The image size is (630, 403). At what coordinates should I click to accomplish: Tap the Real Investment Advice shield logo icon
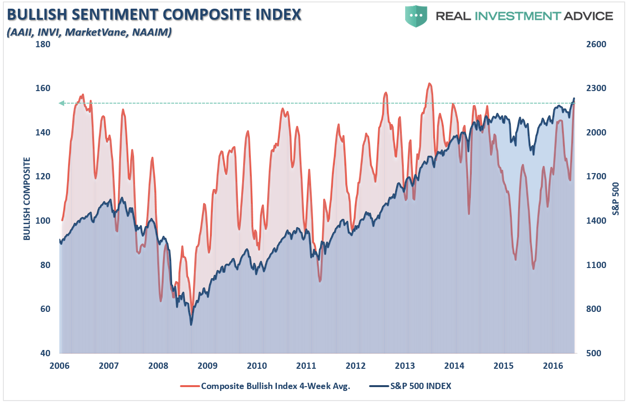click(x=416, y=16)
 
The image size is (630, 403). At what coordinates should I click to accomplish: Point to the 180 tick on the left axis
click(x=42, y=44)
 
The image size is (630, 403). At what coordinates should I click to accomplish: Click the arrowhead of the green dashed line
click(x=61, y=103)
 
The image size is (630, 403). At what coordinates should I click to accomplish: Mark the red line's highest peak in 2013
click(x=429, y=83)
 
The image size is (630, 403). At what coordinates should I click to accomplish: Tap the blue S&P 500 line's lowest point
click(x=191, y=324)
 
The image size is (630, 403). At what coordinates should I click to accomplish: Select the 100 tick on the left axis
click(x=42, y=221)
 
